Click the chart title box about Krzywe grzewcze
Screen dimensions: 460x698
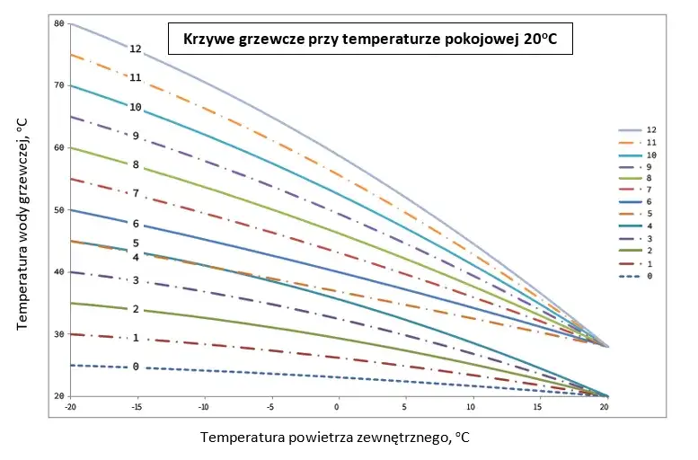pyautogui.click(x=369, y=40)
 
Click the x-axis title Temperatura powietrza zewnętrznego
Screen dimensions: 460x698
pyautogui.click(x=334, y=438)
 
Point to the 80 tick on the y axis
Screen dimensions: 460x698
pyautogui.click(x=59, y=23)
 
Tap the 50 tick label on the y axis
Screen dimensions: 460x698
pyautogui.click(x=59, y=209)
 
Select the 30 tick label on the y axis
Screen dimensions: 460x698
pyautogui.click(x=59, y=334)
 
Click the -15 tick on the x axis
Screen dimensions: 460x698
pyautogui.click(x=137, y=406)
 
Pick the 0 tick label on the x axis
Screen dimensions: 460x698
pyautogui.click(x=337, y=406)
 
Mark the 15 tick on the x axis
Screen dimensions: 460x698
pyautogui.click(x=536, y=406)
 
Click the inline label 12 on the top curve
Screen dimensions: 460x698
pyautogui.click(x=136, y=49)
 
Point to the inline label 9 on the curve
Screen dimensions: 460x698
pyautogui.click(x=136, y=136)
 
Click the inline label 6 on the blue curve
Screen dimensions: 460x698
pyautogui.click(x=136, y=224)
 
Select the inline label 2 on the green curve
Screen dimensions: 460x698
pyautogui.click(x=136, y=309)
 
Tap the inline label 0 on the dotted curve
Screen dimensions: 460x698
pyautogui.click(x=136, y=367)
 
